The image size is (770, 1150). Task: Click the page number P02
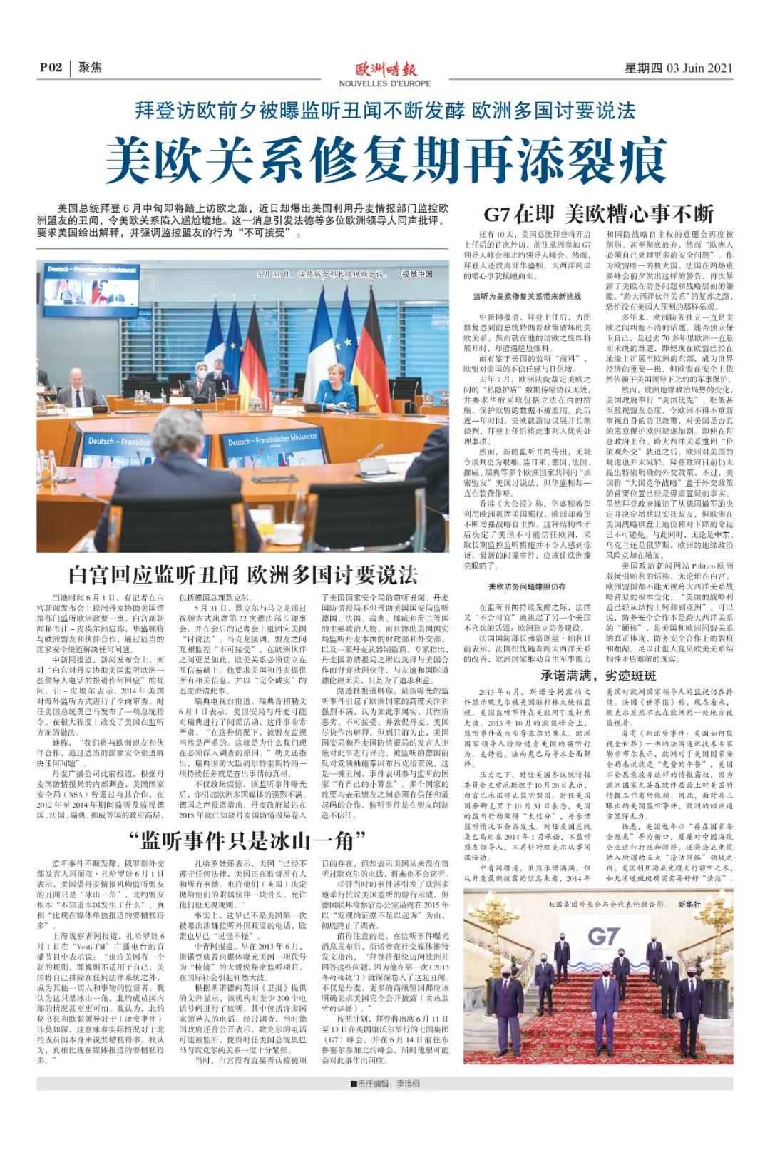pos(51,68)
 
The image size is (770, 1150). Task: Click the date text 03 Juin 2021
pos(699,68)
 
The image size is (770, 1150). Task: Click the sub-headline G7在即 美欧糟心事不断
pos(598,214)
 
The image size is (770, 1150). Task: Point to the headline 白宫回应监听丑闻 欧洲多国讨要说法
pos(242,574)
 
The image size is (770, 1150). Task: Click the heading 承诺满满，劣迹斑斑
pos(598,675)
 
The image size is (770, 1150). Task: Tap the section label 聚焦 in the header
pos(90,68)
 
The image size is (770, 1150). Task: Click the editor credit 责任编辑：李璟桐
pos(386,1084)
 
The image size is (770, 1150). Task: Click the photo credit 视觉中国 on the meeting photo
pos(417,274)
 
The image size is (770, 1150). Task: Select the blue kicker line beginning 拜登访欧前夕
pos(385,111)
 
